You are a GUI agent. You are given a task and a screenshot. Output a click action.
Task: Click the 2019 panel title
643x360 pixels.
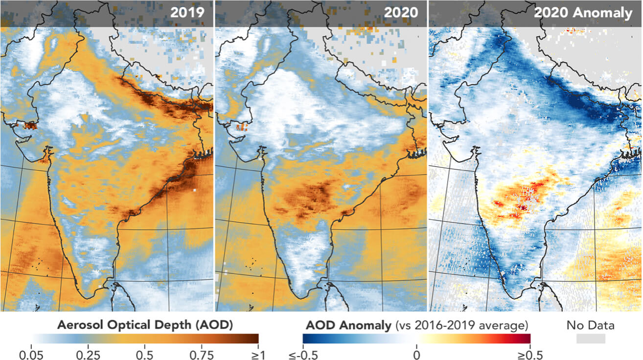point(187,13)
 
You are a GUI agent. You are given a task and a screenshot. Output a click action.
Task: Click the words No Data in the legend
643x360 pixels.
point(591,325)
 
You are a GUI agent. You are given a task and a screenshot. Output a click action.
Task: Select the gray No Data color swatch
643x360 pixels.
point(591,338)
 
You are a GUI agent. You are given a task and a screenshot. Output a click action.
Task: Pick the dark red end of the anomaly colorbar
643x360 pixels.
point(526,338)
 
